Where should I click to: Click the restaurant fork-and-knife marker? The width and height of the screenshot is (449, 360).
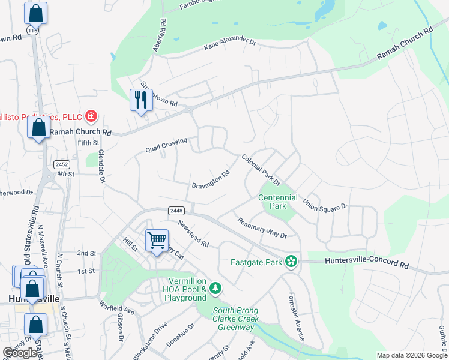pyautogui.click(x=141, y=100)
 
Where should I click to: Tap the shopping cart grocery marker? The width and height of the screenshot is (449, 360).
pyautogui.click(x=157, y=240)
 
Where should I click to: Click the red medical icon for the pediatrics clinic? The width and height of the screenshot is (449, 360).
pyautogui.click(x=91, y=115)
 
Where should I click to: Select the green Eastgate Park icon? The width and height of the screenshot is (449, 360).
pyautogui.click(x=291, y=262)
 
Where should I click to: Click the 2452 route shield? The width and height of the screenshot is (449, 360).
pyautogui.click(x=62, y=164)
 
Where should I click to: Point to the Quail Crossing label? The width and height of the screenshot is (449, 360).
pyautogui.click(x=166, y=145)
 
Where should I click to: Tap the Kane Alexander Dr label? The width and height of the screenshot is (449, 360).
pyautogui.click(x=230, y=42)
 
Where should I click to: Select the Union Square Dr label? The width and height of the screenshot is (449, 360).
pyautogui.click(x=325, y=205)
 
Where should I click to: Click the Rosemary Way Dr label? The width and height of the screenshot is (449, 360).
pyautogui.click(x=262, y=227)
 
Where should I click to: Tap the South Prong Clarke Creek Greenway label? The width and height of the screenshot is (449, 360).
pyautogui.click(x=236, y=319)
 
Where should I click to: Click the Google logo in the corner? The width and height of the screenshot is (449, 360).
pyautogui.click(x=20, y=353)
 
